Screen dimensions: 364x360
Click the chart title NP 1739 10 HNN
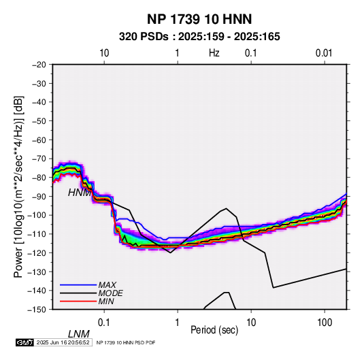point(199,19)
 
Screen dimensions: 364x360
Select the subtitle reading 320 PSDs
point(144,37)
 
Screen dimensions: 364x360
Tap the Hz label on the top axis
point(214,53)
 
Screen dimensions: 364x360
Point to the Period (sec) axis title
point(214,330)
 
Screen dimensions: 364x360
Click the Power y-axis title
point(18,187)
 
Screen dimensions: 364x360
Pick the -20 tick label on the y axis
point(39,65)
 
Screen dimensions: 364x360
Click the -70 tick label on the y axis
point(39,159)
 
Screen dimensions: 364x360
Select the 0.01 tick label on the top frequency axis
point(324,53)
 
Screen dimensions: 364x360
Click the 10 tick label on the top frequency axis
point(104,53)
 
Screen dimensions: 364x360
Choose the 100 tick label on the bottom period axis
point(325,323)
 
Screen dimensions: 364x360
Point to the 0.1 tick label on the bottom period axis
point(104,323)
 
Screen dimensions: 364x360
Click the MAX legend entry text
point(107,285)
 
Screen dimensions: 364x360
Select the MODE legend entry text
point(110,293)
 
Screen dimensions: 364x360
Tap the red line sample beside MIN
point(78,301)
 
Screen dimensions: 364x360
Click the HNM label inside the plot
point(79,193)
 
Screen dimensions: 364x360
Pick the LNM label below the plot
point(79,334)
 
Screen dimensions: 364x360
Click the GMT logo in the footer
point(25,342)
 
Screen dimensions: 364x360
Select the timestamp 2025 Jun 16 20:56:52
point(63,342)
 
